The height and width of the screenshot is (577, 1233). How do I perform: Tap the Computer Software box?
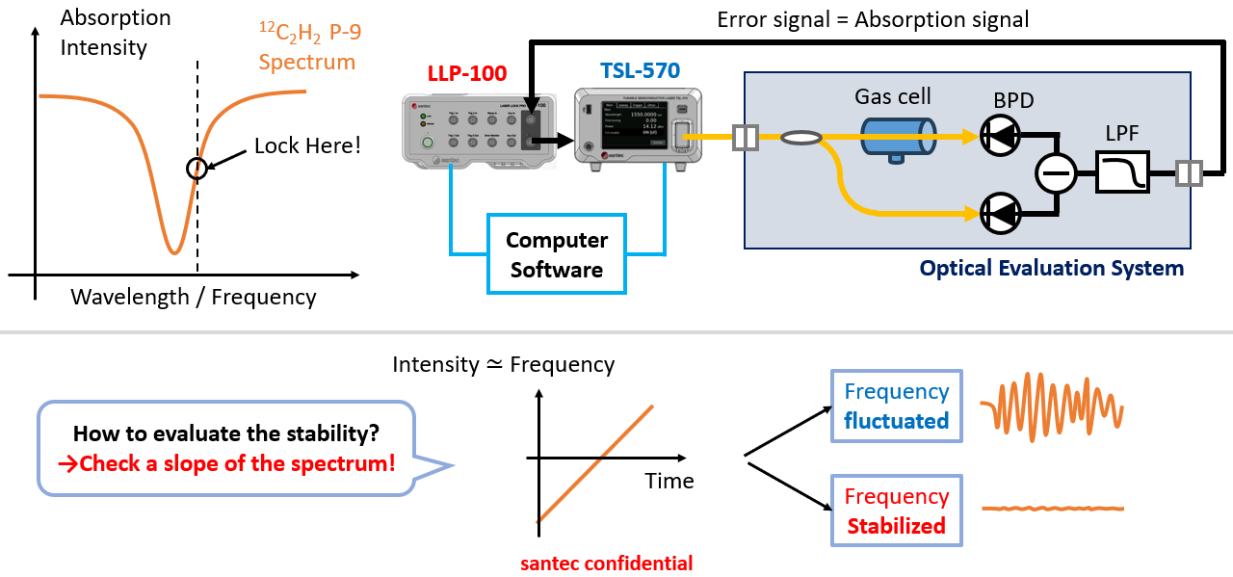coord(557,254)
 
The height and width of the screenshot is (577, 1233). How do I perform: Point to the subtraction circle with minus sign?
coord(1055,174)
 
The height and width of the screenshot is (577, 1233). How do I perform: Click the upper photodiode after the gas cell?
coord(999,138)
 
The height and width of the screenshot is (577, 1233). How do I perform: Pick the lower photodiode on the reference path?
coord(999,212)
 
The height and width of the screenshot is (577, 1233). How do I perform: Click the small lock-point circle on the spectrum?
coord(197,168)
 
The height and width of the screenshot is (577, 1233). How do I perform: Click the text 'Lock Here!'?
coord(307,145)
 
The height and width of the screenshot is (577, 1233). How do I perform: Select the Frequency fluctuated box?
coord(896,406)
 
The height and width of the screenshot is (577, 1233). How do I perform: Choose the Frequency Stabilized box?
coord(896,511)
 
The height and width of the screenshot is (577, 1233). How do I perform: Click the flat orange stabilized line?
coord(1052,508)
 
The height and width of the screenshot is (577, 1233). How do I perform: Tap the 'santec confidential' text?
coord(606,563)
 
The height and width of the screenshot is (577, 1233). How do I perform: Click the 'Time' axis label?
coord(669,481)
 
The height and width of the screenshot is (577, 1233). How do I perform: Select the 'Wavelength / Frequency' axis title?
coord(193,297)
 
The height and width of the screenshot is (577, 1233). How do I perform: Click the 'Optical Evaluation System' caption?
coord(1051,269)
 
